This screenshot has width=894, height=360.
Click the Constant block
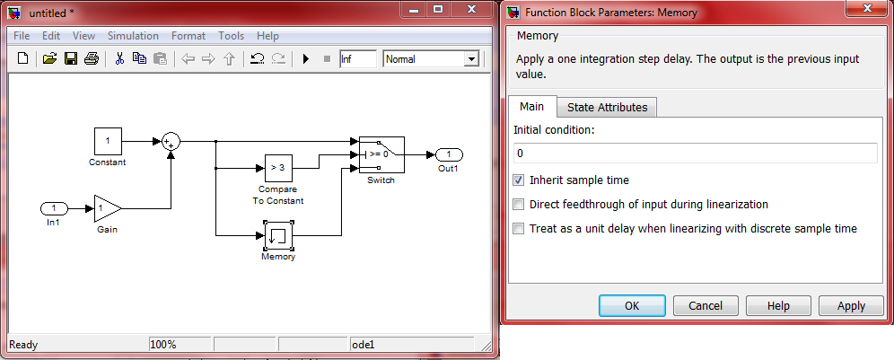point(108,141)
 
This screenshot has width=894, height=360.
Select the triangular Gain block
point(108,208)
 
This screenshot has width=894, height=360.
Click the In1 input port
point(54,208)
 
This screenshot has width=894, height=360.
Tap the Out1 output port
point(450,154)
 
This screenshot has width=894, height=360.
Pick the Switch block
point(381,154)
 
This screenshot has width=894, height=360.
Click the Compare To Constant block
point(278,168)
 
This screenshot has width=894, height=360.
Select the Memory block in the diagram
point(278,235)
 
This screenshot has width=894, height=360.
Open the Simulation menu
point(133,36)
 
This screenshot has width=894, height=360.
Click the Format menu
point(188,36)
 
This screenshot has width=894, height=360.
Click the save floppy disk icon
point(71,58)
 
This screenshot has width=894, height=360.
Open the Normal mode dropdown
point(432,58)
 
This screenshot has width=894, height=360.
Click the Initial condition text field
point(695,154)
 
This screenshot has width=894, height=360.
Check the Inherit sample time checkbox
point(519,180)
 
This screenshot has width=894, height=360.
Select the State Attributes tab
point(607,107)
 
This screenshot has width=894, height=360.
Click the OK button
point(632,305)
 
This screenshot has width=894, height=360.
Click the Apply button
point(851,305)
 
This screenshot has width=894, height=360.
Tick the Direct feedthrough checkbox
point(519,205)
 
